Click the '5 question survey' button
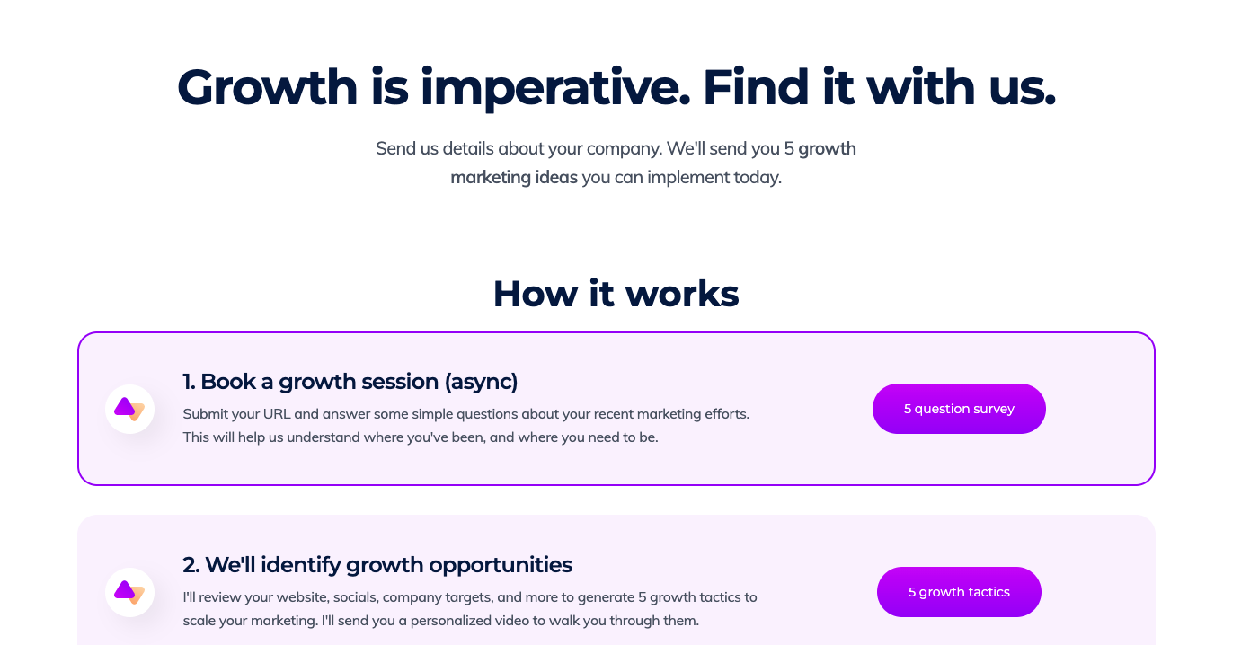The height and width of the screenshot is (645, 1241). coord(959,409)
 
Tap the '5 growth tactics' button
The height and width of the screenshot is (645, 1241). coord(959,592)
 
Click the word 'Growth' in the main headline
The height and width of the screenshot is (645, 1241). coord(267,88)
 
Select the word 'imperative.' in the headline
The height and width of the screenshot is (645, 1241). coord(554,88)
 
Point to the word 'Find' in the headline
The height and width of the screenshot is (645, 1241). coord(754,88)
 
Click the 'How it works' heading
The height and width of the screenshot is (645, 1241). coord(616,294)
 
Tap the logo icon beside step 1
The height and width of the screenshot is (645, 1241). coord(129,409)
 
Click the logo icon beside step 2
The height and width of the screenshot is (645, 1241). coord(129,592)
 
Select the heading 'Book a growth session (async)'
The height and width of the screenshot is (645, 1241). coord(359,382)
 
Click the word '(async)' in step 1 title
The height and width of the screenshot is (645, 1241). coord(481,382)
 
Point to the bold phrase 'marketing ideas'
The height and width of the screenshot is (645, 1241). coord(514,177)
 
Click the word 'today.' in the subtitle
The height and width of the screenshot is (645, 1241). coord(757,177)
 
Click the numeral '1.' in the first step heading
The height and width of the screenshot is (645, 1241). coord(190,382)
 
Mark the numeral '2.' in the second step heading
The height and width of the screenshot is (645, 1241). coord(191,565)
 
